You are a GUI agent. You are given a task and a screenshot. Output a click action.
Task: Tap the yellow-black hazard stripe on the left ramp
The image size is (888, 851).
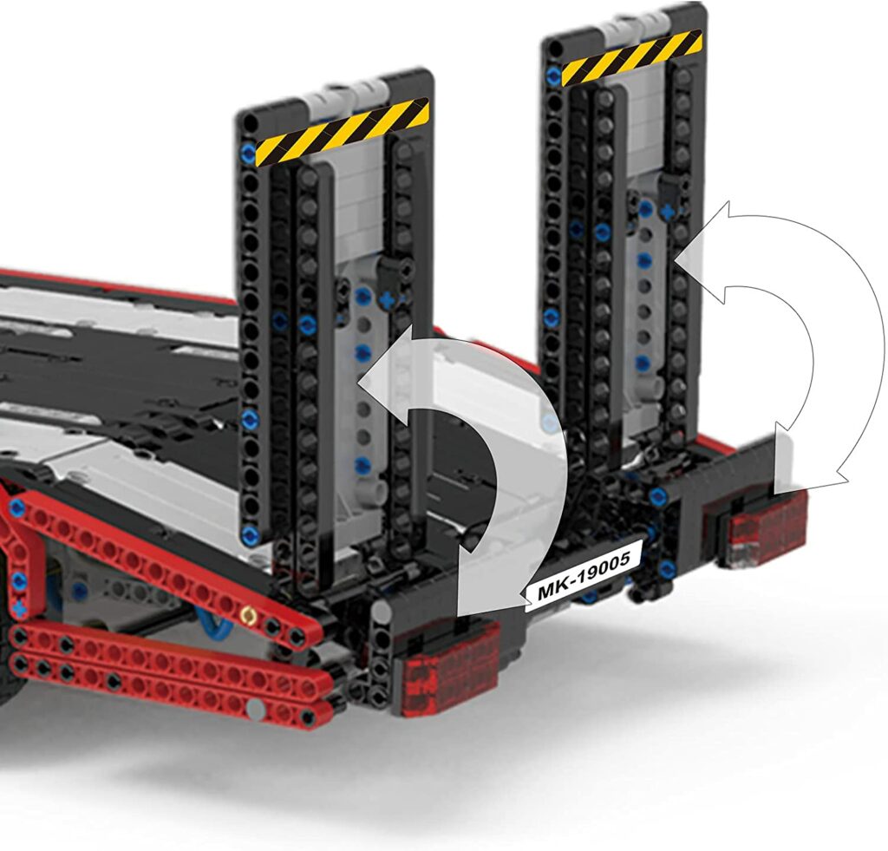(342, 132)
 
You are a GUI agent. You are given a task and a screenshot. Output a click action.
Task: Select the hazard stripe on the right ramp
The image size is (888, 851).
(631, 58)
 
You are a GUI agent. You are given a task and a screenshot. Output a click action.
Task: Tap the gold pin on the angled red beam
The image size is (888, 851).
(246, 615)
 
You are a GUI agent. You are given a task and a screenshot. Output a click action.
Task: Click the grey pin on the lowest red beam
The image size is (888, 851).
(256, 707)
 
